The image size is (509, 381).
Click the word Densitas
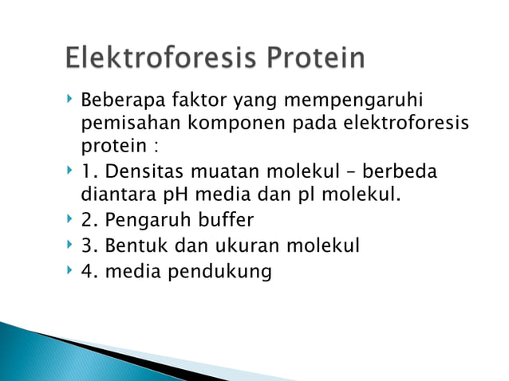pyautogui.click(x=140, y=172)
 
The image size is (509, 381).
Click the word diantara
pyautogui.click(x=116, y=194)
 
